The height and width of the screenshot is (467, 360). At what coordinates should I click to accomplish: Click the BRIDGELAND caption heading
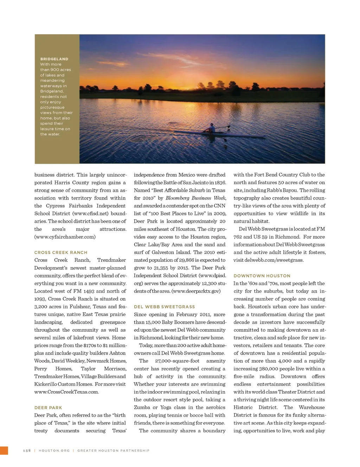pyautogui.click(x=54, y=59)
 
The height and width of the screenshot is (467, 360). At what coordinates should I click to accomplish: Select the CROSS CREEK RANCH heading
pyautogui.click(x=61, y=252)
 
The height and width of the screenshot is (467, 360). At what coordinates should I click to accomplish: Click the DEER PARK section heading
pyautogui.click(x=48, y=408)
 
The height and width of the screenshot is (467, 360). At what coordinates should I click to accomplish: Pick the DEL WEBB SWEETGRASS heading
pyautogui.click(x=164, y=307)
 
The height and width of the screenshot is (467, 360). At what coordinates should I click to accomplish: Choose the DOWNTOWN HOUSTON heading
pyautogui.click(x=262, y=276)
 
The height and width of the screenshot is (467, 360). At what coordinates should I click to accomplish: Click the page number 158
pyautogui.click(x=27, y=450)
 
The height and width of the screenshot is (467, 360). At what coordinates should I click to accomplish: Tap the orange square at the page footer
pyautogui.click(x=4, y=450)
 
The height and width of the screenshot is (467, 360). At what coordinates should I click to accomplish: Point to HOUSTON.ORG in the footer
pyautogui.click(x=54, y=450)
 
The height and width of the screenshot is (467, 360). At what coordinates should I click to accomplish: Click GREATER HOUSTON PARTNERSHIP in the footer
pyautogui.click(x=113, y=450)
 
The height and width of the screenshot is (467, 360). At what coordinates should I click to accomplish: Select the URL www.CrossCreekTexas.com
pyautogui.click(x=66, y=392)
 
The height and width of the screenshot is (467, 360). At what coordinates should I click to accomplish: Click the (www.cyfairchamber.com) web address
pyautogui.click(x=65, y=237)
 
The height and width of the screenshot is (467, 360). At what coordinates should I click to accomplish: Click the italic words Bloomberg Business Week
pyautogui.click(x=195, y=198)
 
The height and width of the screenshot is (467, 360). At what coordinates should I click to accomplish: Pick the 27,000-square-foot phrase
pyautogui.click(x=177, y=361)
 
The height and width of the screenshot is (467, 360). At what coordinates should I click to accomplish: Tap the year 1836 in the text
pyautogui.click(x=219, y=183)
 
